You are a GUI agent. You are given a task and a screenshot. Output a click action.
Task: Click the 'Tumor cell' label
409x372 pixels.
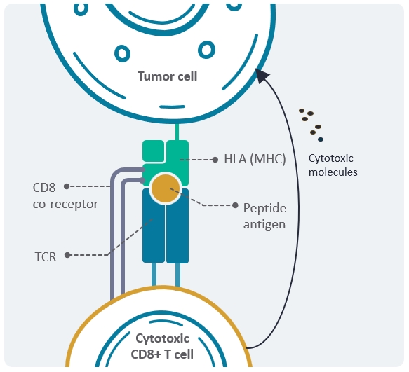point(167,76)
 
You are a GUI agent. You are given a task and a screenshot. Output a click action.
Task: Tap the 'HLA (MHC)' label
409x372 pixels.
point(255,159)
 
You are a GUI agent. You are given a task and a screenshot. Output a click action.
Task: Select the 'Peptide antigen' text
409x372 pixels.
point(264,216)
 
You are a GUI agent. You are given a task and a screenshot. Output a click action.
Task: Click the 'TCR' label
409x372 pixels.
point(46,257)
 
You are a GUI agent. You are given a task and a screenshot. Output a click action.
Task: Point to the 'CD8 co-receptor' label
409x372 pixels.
point(65,195)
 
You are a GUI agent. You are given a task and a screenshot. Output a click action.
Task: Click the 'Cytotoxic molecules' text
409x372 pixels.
point(333,165)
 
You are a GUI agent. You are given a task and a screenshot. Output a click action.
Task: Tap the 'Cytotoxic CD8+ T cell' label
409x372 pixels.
point(162,346)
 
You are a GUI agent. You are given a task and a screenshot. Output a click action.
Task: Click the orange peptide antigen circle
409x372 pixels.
point(166,188)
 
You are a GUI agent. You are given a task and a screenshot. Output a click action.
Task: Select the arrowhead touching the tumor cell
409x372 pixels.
point(262,75)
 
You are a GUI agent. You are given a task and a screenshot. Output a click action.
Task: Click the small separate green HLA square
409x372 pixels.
point(154,151)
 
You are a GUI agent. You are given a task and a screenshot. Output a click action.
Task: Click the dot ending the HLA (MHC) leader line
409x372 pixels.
point(215,160)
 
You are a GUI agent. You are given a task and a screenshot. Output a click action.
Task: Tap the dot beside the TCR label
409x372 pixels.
point(67,255)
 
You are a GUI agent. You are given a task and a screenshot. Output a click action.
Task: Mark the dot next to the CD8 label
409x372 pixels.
point(67,186)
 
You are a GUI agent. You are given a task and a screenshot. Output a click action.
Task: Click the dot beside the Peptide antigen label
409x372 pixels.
point(235,205)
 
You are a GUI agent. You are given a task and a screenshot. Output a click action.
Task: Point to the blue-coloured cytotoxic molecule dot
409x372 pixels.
point(321,139)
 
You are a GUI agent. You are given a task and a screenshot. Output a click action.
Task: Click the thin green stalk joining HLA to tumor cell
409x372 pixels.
point(177,132)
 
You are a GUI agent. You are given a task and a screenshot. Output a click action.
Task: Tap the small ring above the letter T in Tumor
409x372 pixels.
point(122,53)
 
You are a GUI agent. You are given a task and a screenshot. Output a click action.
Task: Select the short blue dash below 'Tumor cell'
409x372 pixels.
point(172,106)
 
